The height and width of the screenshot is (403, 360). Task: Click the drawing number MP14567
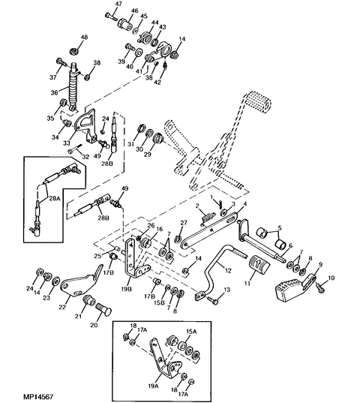38,396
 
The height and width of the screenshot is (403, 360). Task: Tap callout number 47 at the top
118,5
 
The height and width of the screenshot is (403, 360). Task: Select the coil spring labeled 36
73,86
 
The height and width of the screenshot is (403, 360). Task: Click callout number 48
84,38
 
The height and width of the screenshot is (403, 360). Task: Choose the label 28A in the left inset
54,198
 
